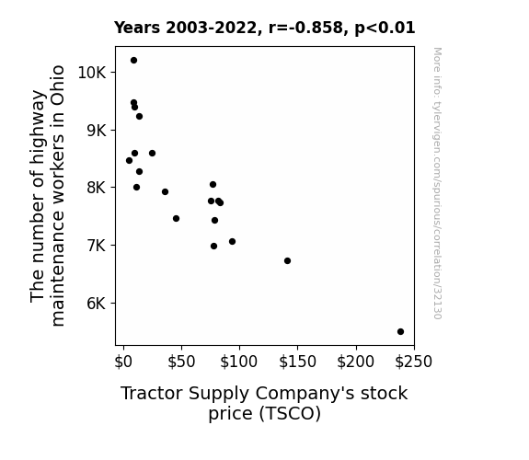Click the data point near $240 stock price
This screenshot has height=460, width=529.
click(400, 331)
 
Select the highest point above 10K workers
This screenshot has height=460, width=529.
click(133, 61)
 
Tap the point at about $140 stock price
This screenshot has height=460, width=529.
click(287, 260)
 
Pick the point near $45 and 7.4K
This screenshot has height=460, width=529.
click(176, 218)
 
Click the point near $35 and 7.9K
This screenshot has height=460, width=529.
click(165, 191)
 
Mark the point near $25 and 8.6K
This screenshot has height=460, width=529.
click(152, 154)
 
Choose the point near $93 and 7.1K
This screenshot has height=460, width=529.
click(232, 241)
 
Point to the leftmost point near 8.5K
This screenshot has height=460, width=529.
click(129, 160)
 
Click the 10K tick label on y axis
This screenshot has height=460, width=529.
click(92, 73)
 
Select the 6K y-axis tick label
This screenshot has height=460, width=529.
click(97, 303)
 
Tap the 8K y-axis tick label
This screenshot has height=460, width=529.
click(97, 188)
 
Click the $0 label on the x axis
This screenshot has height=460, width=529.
click(123, 362)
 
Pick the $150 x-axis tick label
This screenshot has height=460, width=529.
click(297, 362)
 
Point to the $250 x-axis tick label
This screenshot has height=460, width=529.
click(413, 362)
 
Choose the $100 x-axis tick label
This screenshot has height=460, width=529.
click(239, 362)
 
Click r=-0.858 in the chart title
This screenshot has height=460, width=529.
click(305, 28)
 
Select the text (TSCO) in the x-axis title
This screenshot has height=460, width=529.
click(290, 413)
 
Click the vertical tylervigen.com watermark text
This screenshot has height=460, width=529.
click(437, 183)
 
